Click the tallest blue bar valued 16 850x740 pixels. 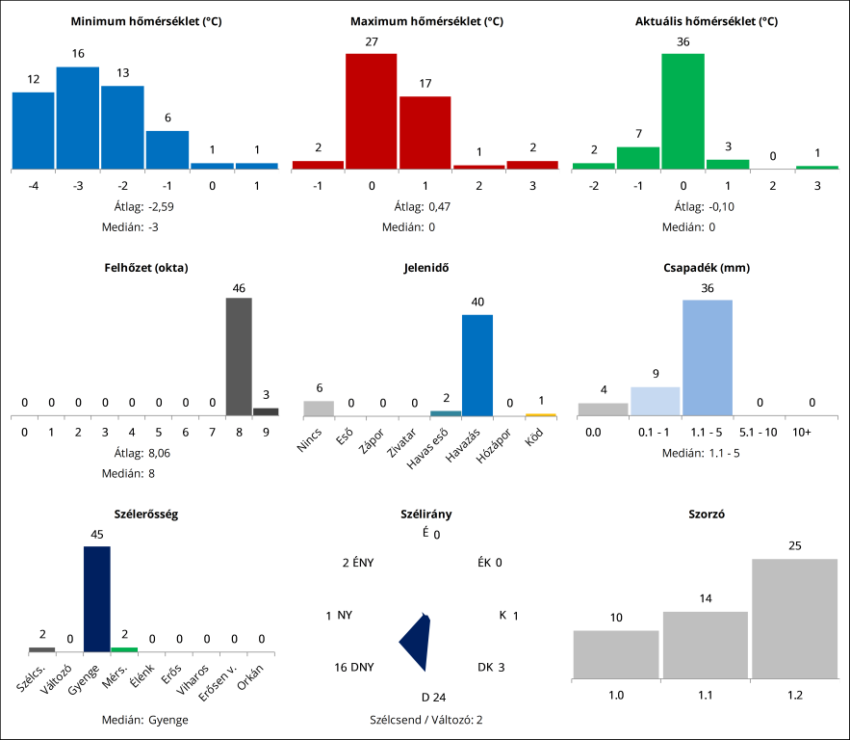(x=77, y=118)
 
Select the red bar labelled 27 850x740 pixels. (x=371, y=111)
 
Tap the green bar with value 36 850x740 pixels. (x=683, y=111)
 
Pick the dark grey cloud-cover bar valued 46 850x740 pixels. (x=239, y=357)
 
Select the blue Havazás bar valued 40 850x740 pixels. (x=477, y=365)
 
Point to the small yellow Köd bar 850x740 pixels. (x=541, y=414)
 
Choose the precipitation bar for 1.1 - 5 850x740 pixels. (x=708, y=357)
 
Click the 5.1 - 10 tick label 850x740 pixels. (x=758, y=433)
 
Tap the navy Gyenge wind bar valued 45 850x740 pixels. (x=97, y=598)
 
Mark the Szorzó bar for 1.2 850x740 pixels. (x=795, y=618)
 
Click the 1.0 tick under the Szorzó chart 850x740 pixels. (x=616, y=694)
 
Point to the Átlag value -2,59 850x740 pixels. (x=161, y=206)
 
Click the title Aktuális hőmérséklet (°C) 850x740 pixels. (x=707, y=20)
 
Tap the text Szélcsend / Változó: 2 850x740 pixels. (x=425, y=719)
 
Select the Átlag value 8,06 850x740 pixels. (x=161, y=453)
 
